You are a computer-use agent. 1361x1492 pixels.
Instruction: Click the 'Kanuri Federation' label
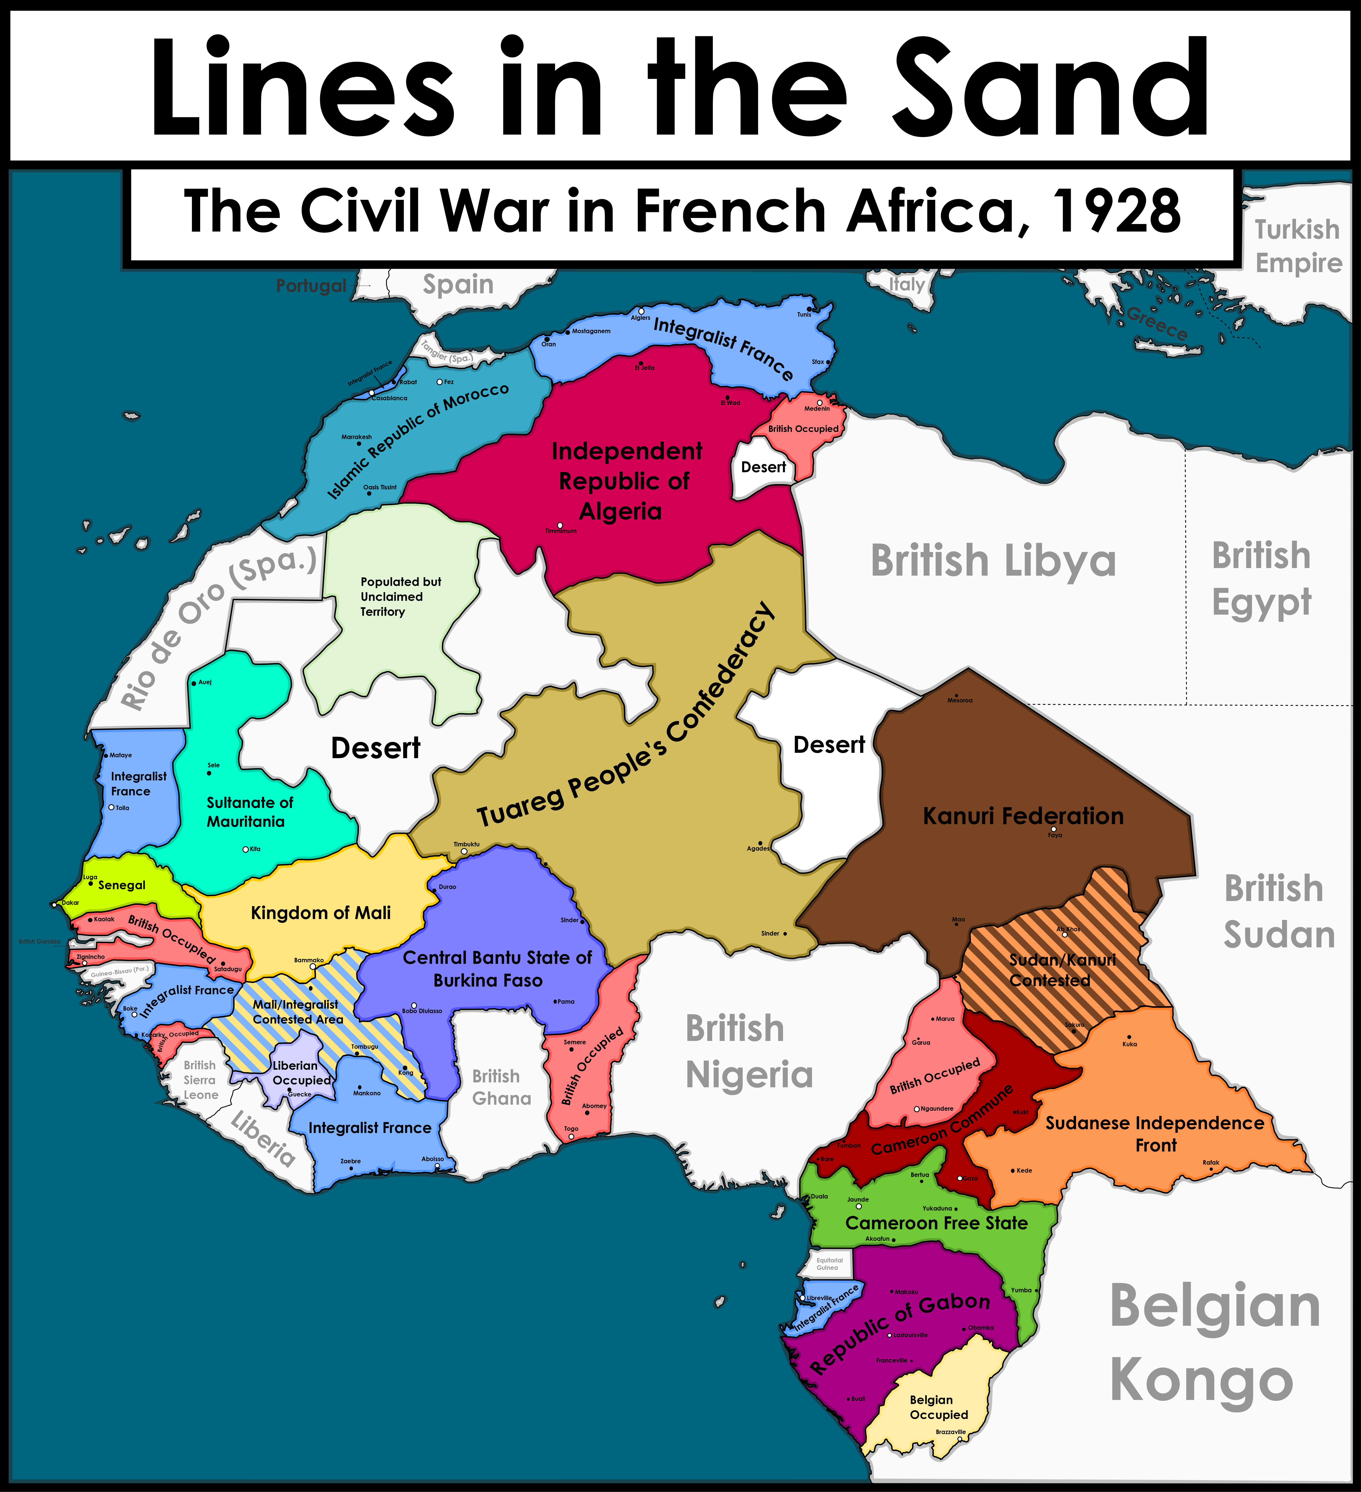coord(1023,816)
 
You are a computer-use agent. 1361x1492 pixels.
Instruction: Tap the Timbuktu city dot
coord(464,852)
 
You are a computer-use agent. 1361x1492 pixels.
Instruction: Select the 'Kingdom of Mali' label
coord(321,913)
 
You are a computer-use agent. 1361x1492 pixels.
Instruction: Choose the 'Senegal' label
coord(121,885)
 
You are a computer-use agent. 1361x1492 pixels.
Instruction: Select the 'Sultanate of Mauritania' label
coord(249,812)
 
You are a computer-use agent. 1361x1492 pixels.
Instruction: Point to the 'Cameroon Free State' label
coord(936,1223)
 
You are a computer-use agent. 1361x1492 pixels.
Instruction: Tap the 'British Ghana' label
coord(501,1087)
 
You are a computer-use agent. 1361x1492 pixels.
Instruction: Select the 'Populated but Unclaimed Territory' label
coord(400,597)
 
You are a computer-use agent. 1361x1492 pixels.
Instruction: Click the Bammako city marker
coord(312,967)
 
